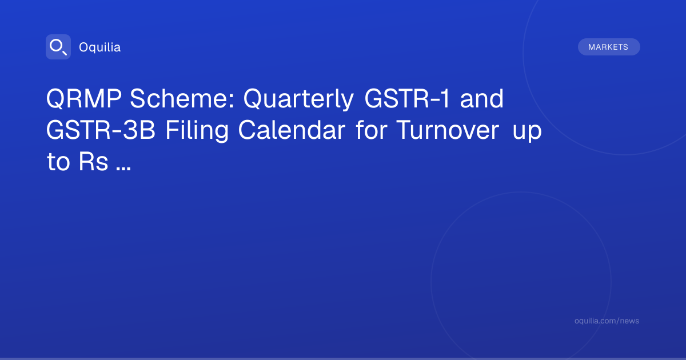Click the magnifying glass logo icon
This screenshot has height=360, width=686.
[58, 47]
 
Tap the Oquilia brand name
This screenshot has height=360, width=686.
[100, 47]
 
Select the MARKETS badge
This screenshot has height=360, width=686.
[609, 47]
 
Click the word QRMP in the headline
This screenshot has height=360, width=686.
[83, 99]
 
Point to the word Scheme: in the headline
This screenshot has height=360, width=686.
[182, 98]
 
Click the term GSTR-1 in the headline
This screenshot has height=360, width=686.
[407, 98]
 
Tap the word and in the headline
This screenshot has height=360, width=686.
[482, 98]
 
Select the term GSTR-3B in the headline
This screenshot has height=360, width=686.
[101, 130]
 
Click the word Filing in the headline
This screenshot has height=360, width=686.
[197, 131]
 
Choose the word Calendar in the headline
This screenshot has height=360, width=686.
[292, 130]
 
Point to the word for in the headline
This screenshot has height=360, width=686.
[371, 130]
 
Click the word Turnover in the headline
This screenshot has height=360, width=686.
[448, 130]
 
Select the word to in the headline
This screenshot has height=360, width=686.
[58, 161]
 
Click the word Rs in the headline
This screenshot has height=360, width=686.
[93, 161]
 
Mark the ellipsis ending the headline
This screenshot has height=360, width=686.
[123, 169]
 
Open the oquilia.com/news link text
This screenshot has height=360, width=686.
[607, 321]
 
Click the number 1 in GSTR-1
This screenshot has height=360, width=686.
[445, 98]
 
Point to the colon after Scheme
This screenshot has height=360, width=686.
[232, 101]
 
